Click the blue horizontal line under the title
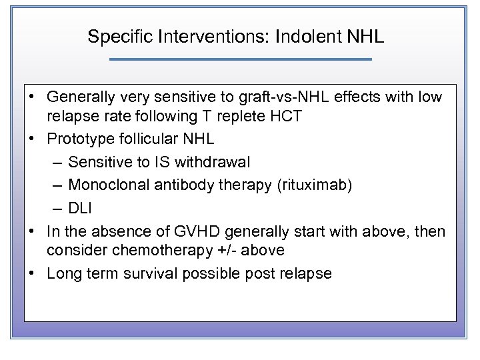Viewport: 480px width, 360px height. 240,59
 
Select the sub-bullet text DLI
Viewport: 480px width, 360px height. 80,208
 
